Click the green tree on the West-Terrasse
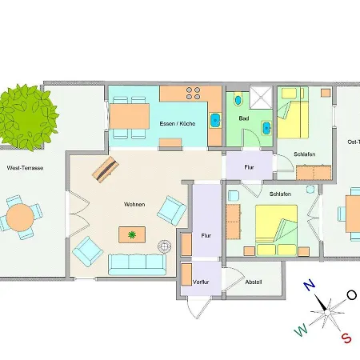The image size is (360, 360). pos(27,117)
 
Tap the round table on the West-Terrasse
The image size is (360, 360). pos(20,218)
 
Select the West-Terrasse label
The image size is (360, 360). pos(25,168)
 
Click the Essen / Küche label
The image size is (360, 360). pos(178,124)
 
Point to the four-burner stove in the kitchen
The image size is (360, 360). pos(193,94)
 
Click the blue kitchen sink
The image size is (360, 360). pos(215,121)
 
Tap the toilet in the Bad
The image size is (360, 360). pos(238,99)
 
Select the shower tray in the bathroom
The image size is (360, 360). pos(261,98)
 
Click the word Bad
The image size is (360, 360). pos(244,118)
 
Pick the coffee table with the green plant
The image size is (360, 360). pos(132,234)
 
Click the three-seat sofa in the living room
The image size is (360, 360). pos(137,265)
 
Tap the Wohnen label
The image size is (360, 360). pos(134,205)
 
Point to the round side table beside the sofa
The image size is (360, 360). pos(165,246)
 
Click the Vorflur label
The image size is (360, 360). pos(201,282)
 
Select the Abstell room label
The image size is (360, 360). pos(254,282)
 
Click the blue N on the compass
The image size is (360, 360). pos(310,286)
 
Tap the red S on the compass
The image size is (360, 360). pos(346,338)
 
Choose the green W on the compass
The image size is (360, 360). pos(301,330)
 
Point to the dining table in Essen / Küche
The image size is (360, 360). pos(130,116)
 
